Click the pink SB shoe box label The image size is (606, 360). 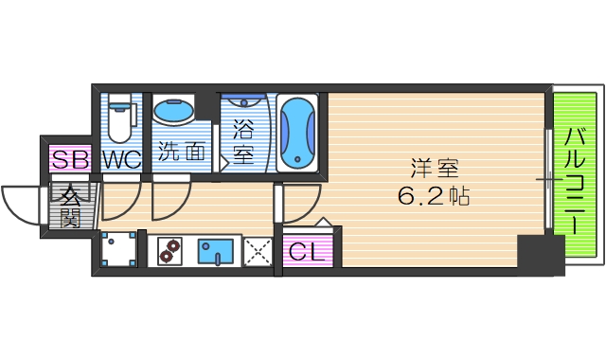(x=70, y=159)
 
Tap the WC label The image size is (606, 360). (x=121, y=159)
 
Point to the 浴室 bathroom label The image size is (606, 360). (x=243, y=140)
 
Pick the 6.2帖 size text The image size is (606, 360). (x=435, y=198)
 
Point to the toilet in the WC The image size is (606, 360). (x=120, y=118)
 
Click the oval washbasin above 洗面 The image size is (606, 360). (x=173, y=113)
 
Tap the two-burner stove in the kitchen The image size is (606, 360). (x=171, y=251)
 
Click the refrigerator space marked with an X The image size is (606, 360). (x=256, y=252)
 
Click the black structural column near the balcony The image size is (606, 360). (x=539, y=255)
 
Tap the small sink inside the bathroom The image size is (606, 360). (x=244, y=103)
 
